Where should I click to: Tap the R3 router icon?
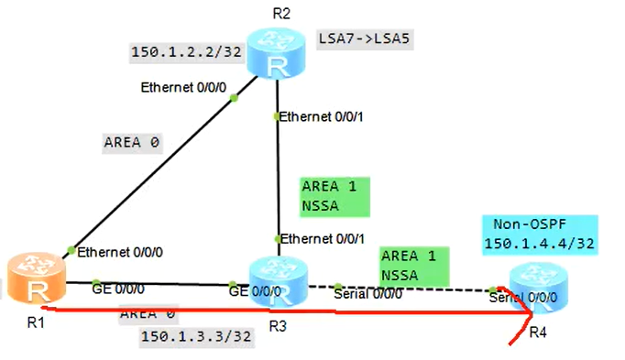pyautogui.click(x=276, y=280)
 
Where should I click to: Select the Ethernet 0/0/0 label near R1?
pyautogui.click(x=119, y=252)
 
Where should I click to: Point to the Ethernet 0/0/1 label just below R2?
pyautogui.click(x=321, y=117)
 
